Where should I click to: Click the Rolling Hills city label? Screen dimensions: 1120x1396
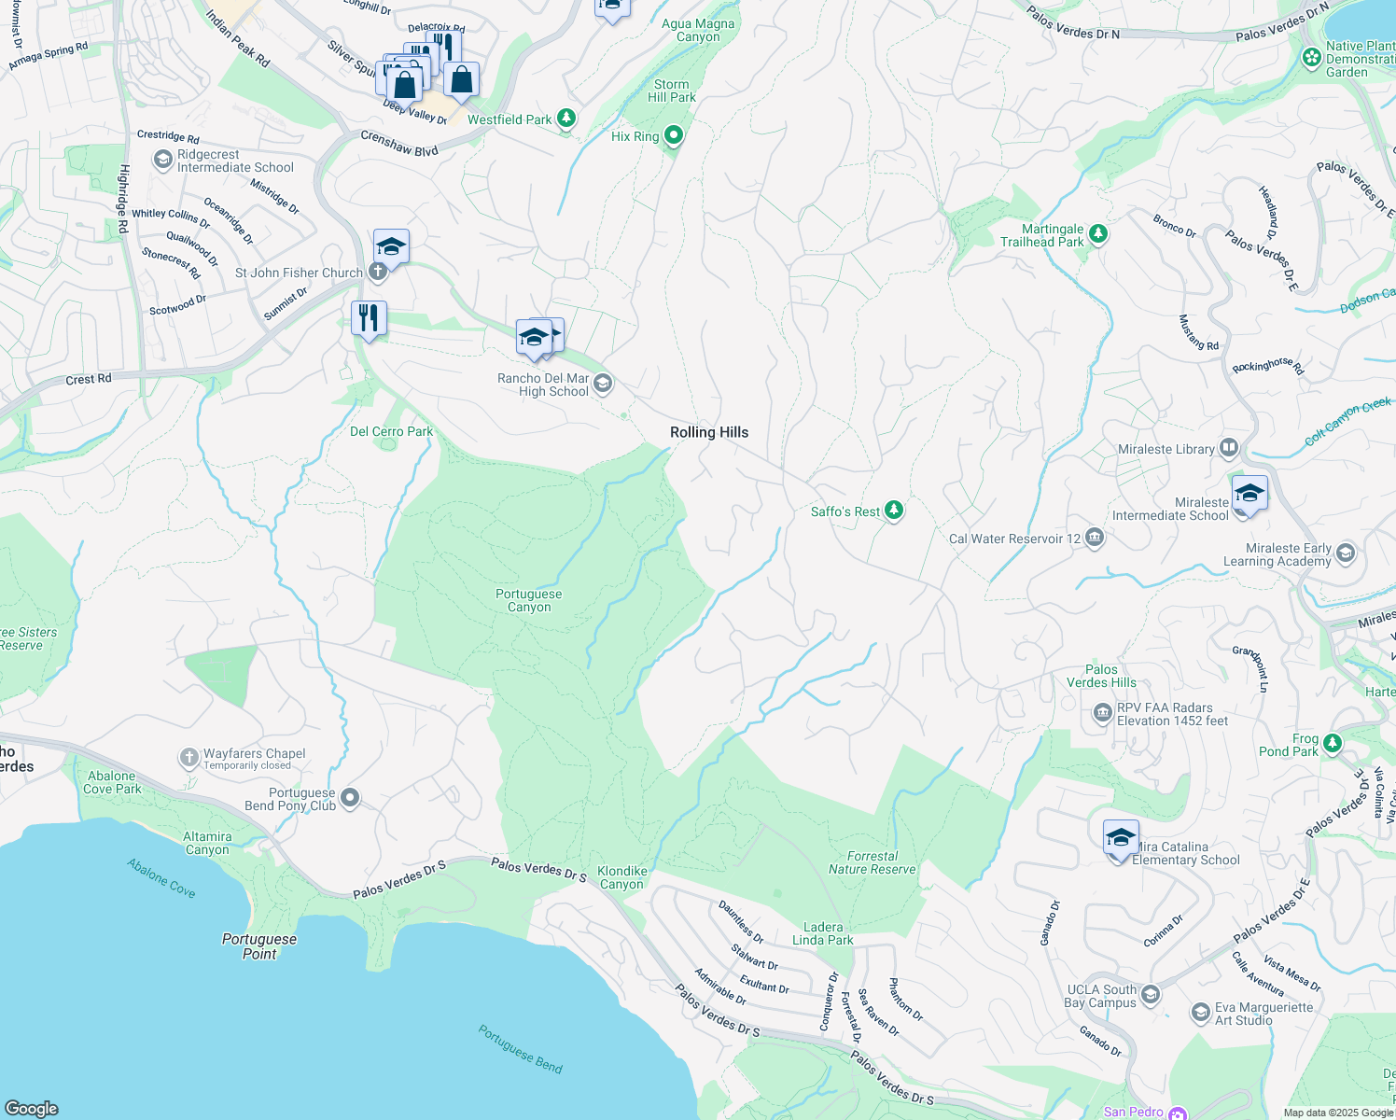click(709, 432)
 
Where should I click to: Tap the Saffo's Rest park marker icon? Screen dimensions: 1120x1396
click(894, 511)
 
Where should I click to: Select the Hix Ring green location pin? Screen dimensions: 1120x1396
click(673, 135)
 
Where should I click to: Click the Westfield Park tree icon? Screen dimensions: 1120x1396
click(565, 119)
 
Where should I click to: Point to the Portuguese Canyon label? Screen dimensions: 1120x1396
click(529, 600)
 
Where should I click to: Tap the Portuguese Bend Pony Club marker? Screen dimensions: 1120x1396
click(350, 797)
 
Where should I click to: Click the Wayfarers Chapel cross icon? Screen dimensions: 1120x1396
click(189, 757)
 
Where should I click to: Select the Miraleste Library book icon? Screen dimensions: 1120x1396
click(1229, 448)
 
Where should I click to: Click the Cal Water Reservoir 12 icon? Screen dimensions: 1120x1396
click(1095, 538)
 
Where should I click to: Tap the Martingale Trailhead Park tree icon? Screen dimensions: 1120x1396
click(1098, 233)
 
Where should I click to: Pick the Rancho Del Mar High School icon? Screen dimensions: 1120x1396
click(603, 383)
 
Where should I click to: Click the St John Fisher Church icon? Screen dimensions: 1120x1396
click(377, 272)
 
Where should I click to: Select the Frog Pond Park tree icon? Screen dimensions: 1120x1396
click(1333, 743)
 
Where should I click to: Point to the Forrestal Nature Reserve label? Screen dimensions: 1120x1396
click(872, 862)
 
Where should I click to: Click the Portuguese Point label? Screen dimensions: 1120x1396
click(259, 946)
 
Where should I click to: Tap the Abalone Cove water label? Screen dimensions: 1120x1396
click(161, 878)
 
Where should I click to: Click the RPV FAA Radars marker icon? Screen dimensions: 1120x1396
click(1102, 714)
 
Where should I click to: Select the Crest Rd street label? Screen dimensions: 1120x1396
click(89, 379)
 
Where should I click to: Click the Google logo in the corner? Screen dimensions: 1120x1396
click(31, 1108)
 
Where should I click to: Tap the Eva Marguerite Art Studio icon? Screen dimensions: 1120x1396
click(1201, 1013)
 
